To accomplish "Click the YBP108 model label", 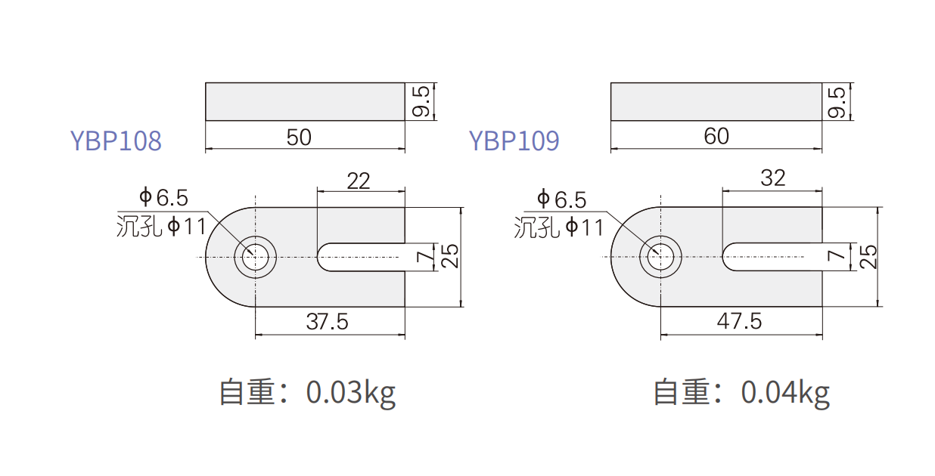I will coord(116,141).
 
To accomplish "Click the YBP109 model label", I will coord(514,141).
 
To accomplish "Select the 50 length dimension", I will coord(299,137).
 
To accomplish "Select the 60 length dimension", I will coord(716,136).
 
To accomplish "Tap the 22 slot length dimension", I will coord(358,181).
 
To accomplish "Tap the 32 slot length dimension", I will coord(772,178).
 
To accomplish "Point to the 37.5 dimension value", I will coord(327,322).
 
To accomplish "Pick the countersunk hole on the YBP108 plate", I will coord(255,257).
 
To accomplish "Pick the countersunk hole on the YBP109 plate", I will coord(660,257).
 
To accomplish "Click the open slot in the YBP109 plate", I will coord(772,257).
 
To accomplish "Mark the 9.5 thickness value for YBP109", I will coord(837,102).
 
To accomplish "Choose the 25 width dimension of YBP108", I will coord(449,256).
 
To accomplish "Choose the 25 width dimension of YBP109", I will coord(868,256).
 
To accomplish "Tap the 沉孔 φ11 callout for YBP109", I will coord(559,227).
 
